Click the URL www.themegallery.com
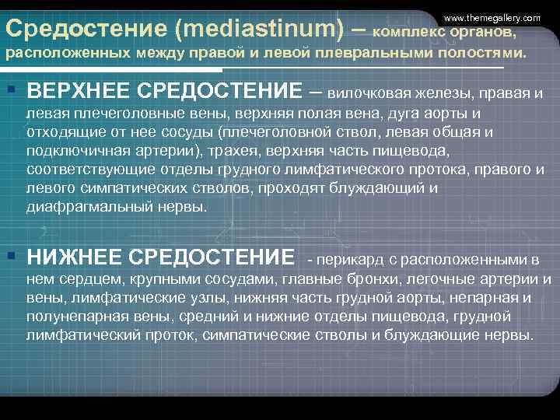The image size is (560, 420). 492,17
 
